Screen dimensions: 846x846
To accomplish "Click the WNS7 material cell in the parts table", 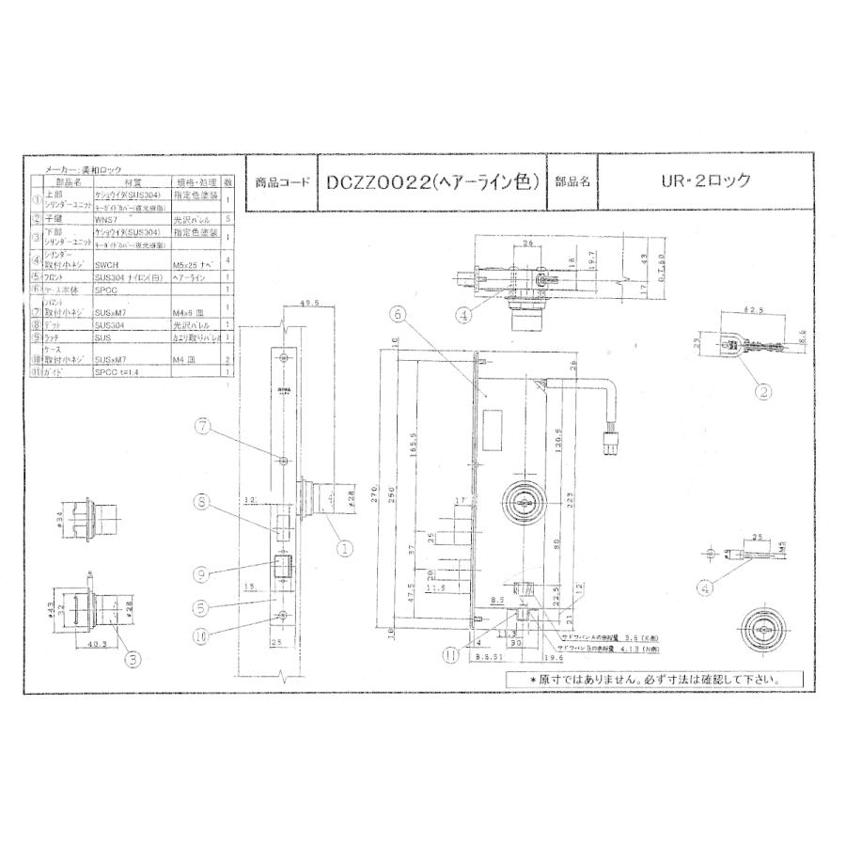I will pyautogui.click(x=111, y=218).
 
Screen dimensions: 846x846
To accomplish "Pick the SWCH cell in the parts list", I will pyautogui.click(x=108, y=265).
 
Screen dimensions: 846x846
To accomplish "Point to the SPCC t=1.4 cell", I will pyautogui.click(x=117, y=372).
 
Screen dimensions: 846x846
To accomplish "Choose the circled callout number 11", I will pyautogui.click(x=451, y=655).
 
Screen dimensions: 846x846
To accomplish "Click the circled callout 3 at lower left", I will pyautogui.click(x=133, y=659).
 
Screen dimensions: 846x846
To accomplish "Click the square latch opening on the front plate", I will pyautogui.click(x=282, y=568).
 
